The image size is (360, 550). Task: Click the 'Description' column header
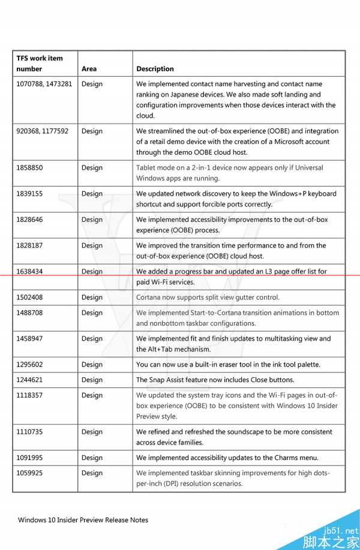pyautogui.click(x=155, y=69)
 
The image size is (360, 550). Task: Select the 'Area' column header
pyautogui.click(x=89, y=69)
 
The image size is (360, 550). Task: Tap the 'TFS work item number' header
pyautogui.click(x=40, y=64)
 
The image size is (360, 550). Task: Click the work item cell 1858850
pyautogui.click(x=29, y=168)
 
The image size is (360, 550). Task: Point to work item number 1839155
pyautogui.click(x=29, y=194)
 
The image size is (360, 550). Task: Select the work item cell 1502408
pyautogui.click(x=29, y=297)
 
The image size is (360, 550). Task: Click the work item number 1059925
pyautogui.click(x=29, y=473)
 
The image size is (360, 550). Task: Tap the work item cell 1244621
pyautogui.click(x=29, y=380)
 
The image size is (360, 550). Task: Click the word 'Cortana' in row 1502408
pyautogui.click(x=149, y=297)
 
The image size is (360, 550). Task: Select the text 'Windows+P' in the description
pyautogui.click(x=298, y=194)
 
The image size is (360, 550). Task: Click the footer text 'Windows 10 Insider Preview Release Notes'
pyautogui.click(x=83, y=520)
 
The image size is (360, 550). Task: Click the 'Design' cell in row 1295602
pyautogui.click(x=92, y=365)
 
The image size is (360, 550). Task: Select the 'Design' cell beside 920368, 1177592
pyautogui.click(x=92, y=131)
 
